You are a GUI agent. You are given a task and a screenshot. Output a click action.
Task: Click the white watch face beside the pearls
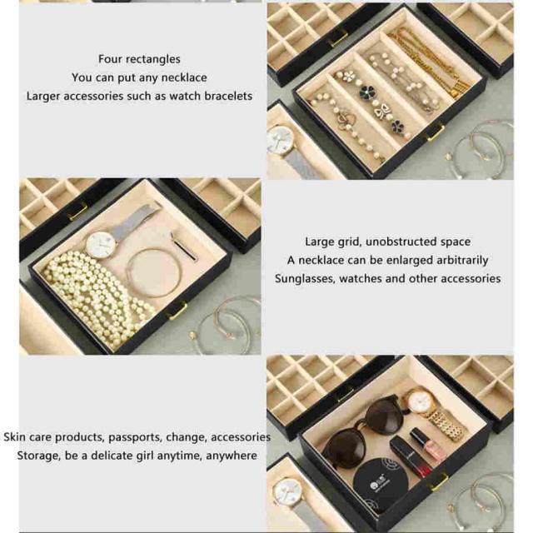click(x=101, y=245)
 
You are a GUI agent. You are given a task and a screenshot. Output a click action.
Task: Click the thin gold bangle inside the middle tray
click(x=153, y=273)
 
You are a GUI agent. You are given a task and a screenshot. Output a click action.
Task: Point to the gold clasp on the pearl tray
click(x=178, y=311)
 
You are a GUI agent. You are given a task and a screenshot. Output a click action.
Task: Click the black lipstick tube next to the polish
click(x=411, y=456)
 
